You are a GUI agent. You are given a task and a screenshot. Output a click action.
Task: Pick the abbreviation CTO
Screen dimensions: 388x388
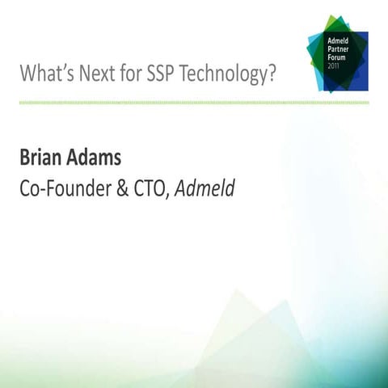[150, 188]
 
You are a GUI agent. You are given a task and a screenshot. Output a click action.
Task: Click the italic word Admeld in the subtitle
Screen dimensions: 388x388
[204, 188]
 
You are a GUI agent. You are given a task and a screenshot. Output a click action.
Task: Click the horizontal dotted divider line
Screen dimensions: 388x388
[194, 103]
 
